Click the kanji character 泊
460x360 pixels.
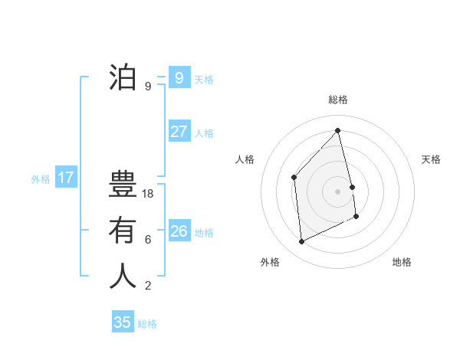(123, 78)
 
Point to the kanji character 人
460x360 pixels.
(123, 276)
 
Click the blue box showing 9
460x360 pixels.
(179, 78)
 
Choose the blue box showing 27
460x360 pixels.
(179, 132)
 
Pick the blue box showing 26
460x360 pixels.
(179, 231)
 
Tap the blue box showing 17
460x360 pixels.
(66, 178)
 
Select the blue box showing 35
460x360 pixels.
(123, 322)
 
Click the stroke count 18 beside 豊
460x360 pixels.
(149, 194)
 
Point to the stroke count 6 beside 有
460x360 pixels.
(148, 240)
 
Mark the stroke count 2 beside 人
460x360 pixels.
(148, 286)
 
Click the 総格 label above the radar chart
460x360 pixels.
(338, 100)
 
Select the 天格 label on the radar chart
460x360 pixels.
(431, 159)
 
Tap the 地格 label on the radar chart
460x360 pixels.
(402, 262)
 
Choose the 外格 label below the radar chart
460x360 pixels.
(270, 262)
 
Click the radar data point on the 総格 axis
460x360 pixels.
(338, 130)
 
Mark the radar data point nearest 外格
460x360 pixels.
(302, 242)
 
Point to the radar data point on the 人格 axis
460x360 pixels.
(294, 178)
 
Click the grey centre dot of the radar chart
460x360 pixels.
(338, 191)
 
